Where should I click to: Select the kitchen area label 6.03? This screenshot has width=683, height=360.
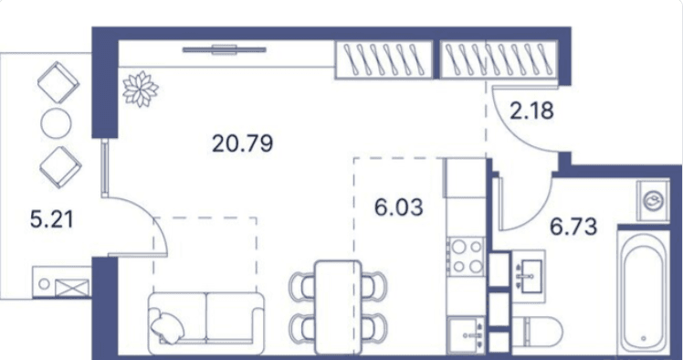point(399,207)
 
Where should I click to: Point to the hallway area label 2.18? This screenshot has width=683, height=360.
point(531,113)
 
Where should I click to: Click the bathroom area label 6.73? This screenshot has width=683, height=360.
point(573,226)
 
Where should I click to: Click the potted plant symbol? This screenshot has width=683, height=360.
point(140,90)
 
